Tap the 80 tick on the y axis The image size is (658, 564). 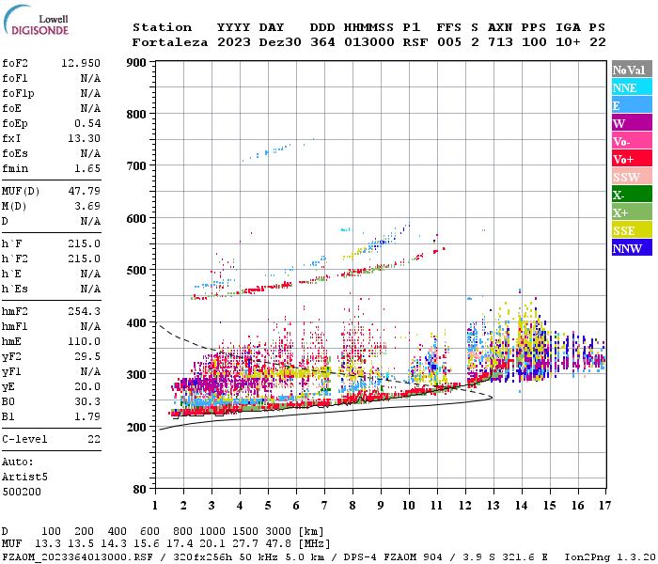coord(140,490)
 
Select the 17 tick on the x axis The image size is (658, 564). coord(604,506)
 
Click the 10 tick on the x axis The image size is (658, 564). coord(408,506)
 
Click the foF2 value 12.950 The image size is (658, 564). coord(80,62)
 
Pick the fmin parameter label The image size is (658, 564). coord(17,167)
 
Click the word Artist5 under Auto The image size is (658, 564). coord(24,477)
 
